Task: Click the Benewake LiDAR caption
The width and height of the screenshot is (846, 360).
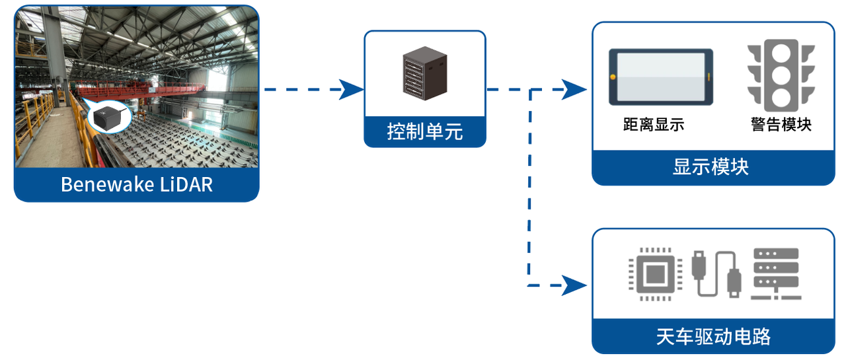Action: click(137, 184)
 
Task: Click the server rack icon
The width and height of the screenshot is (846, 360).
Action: click(424, 73)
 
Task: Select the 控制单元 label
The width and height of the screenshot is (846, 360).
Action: click(424, 131)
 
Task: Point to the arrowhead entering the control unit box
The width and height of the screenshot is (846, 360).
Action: click(351, 89)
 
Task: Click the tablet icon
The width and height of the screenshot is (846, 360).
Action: click(661, 77)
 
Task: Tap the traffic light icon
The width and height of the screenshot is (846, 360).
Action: click(781, 76)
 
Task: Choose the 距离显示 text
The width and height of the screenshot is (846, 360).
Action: click(654, 124)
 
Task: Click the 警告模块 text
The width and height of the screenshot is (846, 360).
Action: click(781, 124)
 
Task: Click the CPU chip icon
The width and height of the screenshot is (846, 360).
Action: click(654, 274)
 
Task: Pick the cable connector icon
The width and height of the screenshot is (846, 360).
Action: click(715, 274)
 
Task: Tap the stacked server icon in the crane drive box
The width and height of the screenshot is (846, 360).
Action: click(776, 274)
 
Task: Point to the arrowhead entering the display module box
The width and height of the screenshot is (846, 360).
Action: click(574, 89)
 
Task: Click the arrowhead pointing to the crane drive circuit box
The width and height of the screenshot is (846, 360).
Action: click(574, 286)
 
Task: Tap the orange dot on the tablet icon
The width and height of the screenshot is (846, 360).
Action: click(613, 77)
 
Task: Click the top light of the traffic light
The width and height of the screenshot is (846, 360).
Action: click(781, 54)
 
